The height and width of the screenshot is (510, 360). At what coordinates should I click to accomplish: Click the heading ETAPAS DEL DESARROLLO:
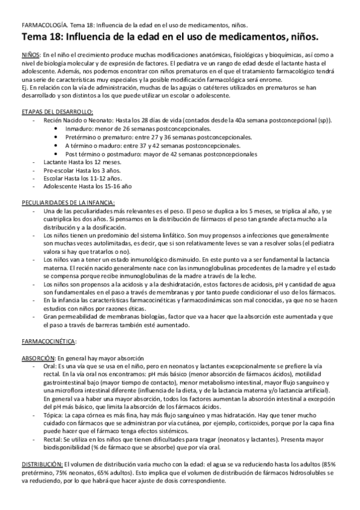56,112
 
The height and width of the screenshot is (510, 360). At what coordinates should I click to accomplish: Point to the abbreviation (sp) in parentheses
323,120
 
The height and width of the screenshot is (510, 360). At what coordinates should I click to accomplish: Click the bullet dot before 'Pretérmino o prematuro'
56,137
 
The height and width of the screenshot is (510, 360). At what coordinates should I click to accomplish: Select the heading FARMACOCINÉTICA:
49,341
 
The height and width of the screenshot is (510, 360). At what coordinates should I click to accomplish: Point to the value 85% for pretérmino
344,464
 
